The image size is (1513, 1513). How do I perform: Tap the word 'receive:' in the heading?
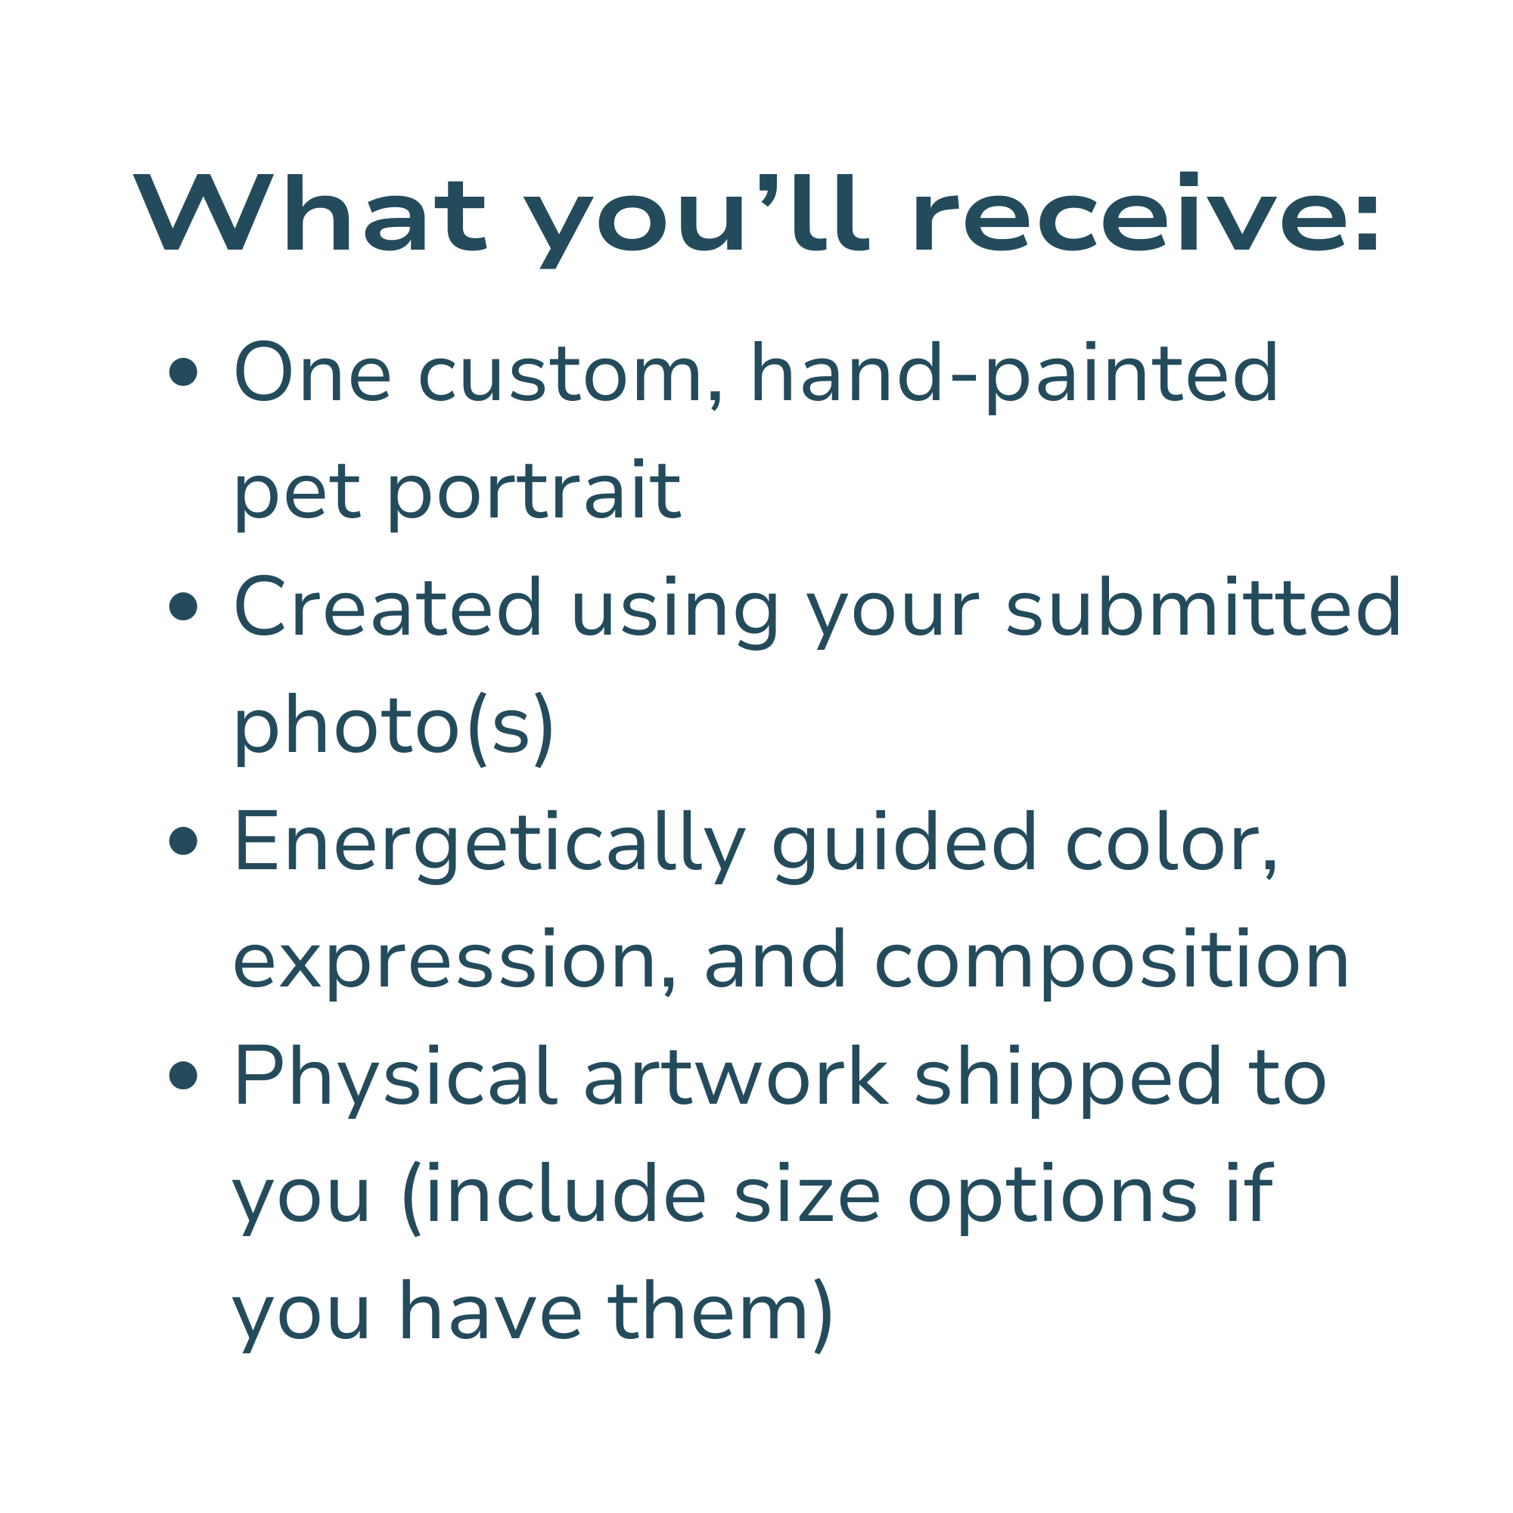pos(1145,215)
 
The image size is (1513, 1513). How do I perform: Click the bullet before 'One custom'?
pos(183,373)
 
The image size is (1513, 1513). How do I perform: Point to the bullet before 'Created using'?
pos(183,607)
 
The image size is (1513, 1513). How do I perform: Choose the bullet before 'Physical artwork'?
pos(183,1076)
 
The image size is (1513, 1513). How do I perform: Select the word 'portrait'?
pos(534,492)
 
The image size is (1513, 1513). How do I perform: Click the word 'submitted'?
pos(1203,607)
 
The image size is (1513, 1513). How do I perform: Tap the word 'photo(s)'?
pos(394,727)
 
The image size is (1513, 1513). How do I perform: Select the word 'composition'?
pos(1111,962)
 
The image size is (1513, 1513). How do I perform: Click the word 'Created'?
pos(387,607)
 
